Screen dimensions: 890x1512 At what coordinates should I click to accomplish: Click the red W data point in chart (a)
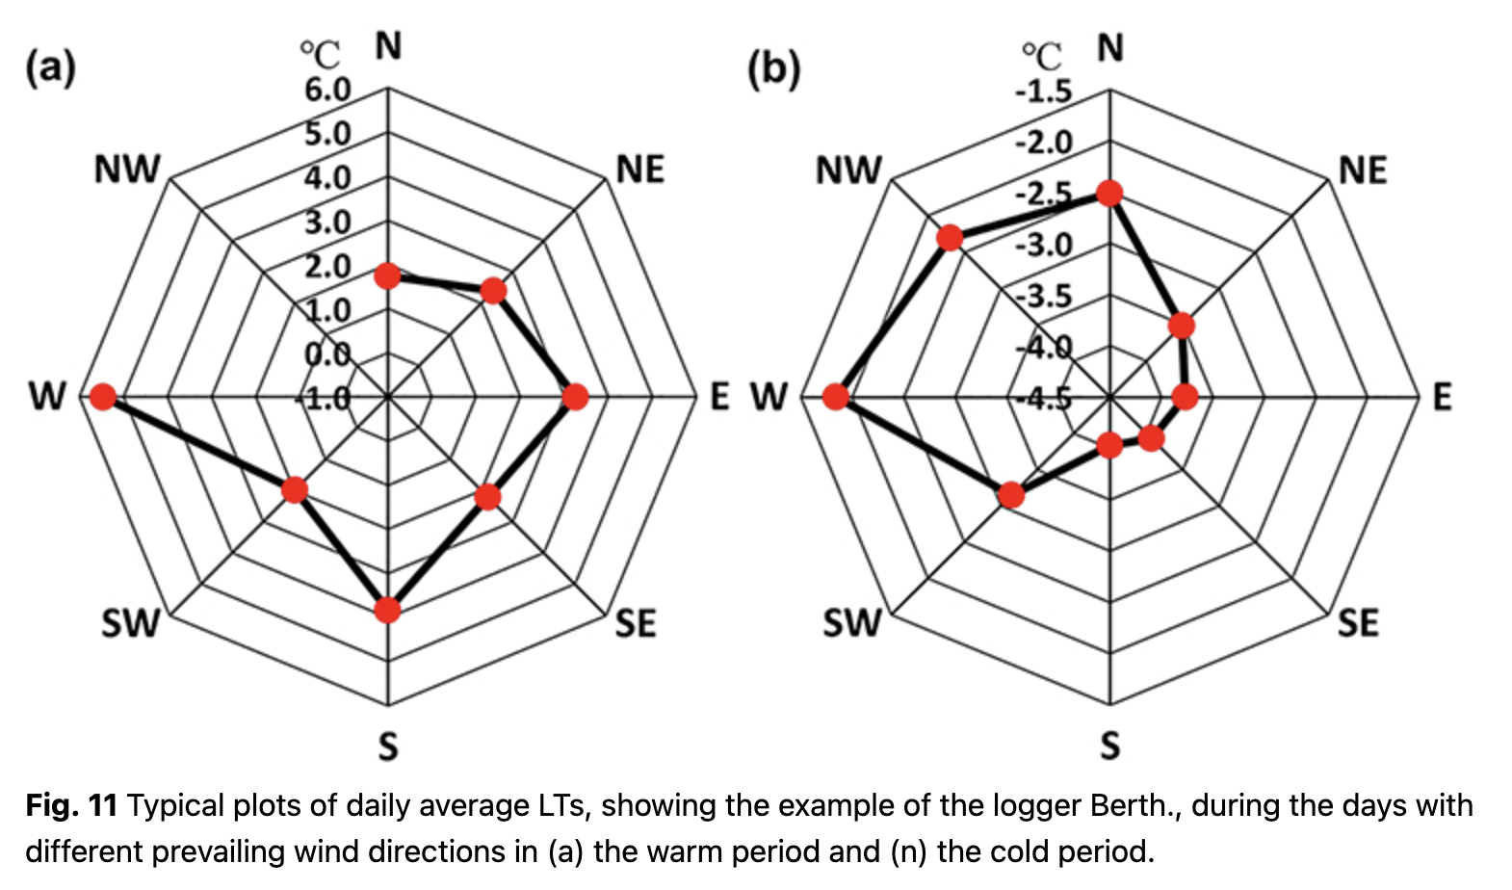tap(102, 397)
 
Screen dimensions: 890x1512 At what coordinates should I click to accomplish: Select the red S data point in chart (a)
tap(387, 610)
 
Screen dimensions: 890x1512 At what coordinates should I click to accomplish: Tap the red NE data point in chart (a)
tap(493, 291)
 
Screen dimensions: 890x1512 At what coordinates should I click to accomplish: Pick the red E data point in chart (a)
tap(575, 397)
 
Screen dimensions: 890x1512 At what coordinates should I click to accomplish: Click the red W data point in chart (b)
tap(836, 397)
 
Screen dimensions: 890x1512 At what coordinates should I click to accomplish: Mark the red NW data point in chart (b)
tap(951, 237)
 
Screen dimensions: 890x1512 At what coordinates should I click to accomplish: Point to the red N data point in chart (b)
tap(1109, 193)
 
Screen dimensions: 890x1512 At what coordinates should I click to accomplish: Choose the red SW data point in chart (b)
tap(1010, 495)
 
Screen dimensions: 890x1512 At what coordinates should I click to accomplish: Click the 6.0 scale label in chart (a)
tap(328, 91)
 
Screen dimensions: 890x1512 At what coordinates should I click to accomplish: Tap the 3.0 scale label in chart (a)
tap(328, 222)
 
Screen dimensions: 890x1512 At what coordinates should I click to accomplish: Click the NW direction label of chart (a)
tap(127, 170)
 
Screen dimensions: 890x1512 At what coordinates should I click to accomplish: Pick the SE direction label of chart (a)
tap(636, 624)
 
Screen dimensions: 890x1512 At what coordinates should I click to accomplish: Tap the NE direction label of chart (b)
tap(1363, 171)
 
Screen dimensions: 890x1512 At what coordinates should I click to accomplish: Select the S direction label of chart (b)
tap(1110, 746)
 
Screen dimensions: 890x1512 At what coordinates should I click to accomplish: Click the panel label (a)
tap(50, 68)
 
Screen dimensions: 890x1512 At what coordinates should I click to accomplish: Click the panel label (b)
tap(773, 69)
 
